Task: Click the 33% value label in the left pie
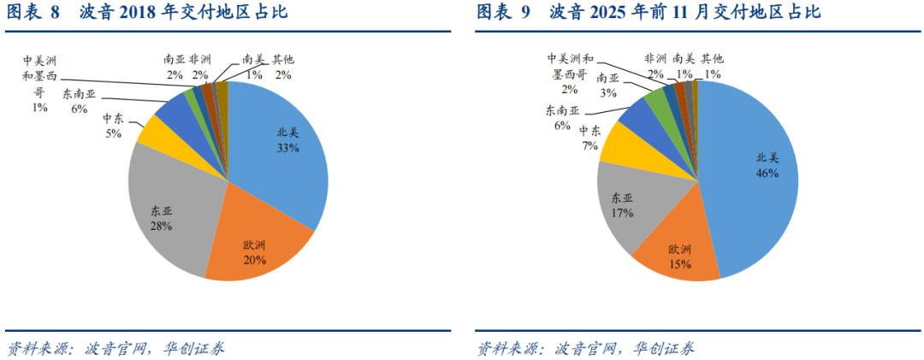coord(287,148)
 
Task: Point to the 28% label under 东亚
coord(162,226)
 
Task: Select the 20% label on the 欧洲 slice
coord(254,259)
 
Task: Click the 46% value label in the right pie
coord(767,173)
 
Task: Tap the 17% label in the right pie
coord(622,213)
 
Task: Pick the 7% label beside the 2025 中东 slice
coord(589,145)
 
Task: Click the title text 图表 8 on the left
coord(33,13)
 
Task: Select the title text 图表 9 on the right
coord(504,13)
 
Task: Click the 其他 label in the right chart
coord(712,59)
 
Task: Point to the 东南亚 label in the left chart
coord(80,93)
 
